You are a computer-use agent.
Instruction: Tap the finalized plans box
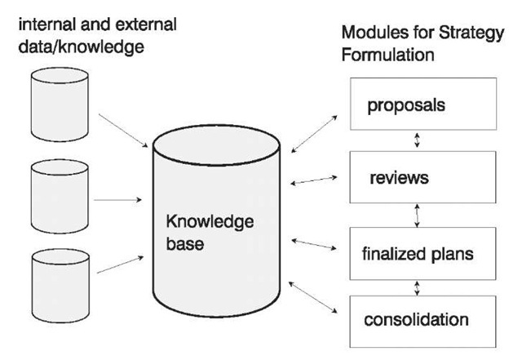click(x=418, y=253)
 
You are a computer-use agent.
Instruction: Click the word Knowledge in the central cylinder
click(x=210, y=222)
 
